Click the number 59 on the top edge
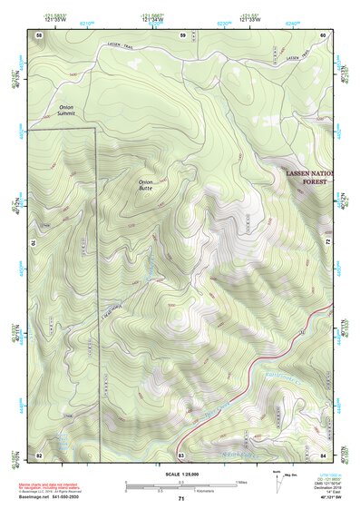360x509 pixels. pos(182,34)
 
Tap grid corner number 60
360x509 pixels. pos(324,34)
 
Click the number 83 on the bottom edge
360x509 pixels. pos(181,454)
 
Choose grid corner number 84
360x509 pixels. pos(324,454)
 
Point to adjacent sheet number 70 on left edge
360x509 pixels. pos(34,243)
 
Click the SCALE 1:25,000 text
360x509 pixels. pos(180,474)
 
